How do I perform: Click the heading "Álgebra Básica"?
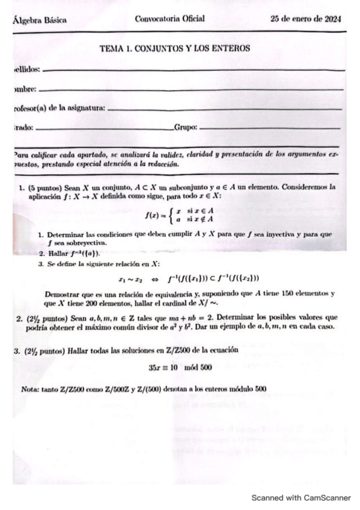[x=39, y=20]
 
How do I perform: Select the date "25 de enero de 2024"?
[x=306, y=19]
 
